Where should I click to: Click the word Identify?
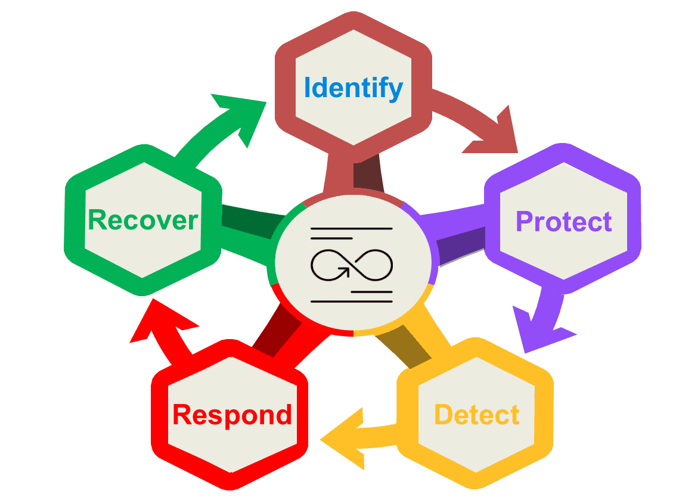[353, 88]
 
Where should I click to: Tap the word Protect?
[563, 222]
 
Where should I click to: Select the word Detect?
[476, 415]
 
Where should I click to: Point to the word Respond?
[232, 415]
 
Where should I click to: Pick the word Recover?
[142, 220]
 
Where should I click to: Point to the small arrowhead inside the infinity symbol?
[345, 272]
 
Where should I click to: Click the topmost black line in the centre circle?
[352, 228]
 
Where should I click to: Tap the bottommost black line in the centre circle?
[352, 302]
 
